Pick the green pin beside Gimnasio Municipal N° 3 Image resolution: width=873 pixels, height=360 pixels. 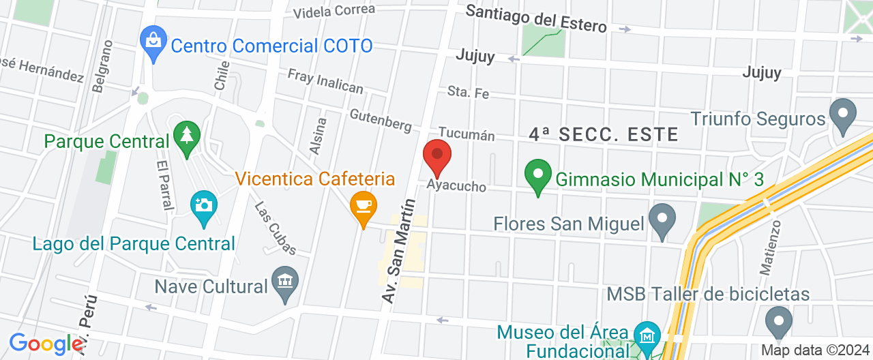pos(537,176)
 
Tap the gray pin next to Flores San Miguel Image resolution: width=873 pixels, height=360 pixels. pos(661,220)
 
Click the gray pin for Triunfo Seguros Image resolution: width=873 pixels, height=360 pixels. pos(843,115)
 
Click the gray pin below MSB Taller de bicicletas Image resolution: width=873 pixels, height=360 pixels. pos(778,323)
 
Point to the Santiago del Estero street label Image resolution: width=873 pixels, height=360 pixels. pos(536,19)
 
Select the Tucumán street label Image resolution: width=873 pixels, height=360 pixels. pos(466,133)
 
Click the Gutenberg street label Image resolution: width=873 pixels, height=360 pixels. pos(380,119)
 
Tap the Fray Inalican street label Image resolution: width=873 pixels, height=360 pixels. pos(325,81)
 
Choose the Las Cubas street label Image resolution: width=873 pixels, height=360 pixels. pos(275,228)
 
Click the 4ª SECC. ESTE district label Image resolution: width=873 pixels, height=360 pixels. pos(604,134)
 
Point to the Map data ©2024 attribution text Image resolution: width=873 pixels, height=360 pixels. pos(814,350)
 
